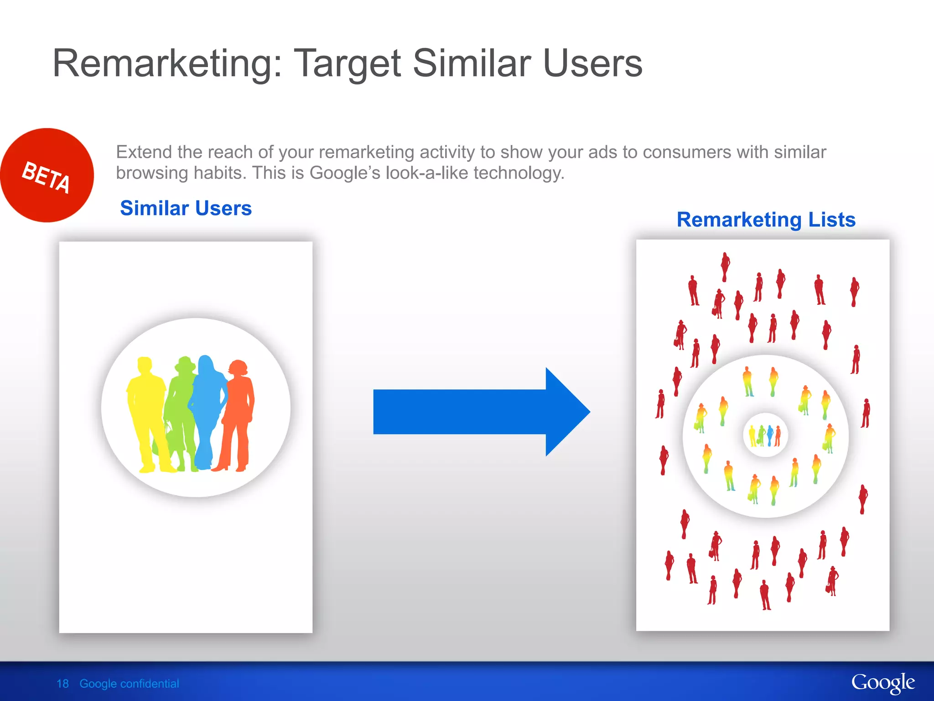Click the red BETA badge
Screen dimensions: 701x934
(x=47, y=175)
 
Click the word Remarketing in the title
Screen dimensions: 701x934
(x=167, y=63)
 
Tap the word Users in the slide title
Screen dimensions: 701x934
(x=592, y=63)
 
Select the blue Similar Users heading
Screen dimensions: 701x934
(x=186, y=208)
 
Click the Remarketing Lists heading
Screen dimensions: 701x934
(x=766, y=220)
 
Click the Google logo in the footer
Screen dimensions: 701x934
(x=882, y=683)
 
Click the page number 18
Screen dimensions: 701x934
(x=62, y=684)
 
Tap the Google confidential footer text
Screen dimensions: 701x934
(x=129, y=684)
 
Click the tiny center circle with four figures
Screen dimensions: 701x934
(x=765, y=435)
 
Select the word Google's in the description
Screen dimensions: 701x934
(x=344, y=173)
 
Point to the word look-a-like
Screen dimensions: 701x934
(x=426, y=173)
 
